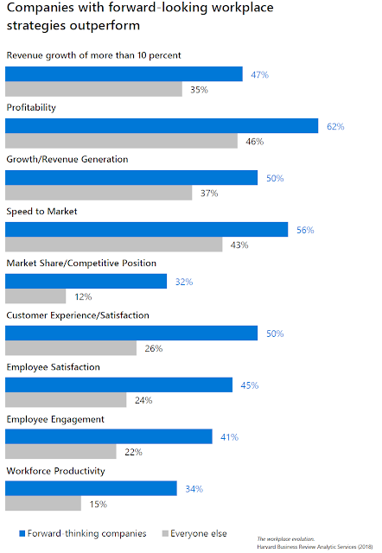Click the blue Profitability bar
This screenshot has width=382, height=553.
[x=162, y=126]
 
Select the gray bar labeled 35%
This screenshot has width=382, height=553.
[x=93, y=89]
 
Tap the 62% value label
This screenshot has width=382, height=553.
[x=335, y=127]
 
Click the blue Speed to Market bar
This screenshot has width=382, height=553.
[x=146, y=229]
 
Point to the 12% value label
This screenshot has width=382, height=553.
[x=83, y=297]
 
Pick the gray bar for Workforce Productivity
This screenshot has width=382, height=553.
[x=43, y=503]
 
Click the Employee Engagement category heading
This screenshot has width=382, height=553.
[x=55, y=419]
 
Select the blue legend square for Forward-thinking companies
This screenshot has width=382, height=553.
[x=22, y=533]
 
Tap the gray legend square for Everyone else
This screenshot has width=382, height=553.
[x=165, y=533]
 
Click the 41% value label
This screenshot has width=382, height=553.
[x=230, y=437]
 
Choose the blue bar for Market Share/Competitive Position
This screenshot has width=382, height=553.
[x=86, y=281]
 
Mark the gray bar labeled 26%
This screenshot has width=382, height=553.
[x=71, y=348]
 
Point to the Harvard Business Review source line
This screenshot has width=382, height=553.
[x=315, y=547]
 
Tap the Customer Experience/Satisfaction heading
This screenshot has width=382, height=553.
[x=78, y=315]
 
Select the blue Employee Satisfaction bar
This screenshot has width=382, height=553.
[x=119, y=385]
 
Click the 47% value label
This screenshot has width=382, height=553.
[x=260, y=75]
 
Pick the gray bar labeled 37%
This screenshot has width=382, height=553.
[x=99, y=193]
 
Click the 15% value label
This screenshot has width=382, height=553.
[x=99, y=505]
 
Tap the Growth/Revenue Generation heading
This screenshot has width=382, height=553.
[x=67, y=159]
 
